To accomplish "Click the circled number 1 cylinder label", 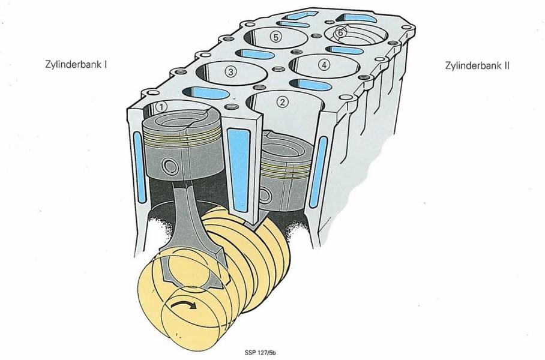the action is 162,107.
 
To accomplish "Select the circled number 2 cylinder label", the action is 282,102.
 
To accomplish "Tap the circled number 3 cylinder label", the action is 230,72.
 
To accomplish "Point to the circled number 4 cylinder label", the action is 324,65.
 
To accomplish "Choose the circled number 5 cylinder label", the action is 276,37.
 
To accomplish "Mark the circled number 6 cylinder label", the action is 341,32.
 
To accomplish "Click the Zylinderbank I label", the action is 76,65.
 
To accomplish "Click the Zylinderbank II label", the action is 477,65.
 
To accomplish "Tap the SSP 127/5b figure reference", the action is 260,353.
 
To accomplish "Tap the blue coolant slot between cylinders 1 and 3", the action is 206,92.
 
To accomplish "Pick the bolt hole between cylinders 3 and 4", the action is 277,69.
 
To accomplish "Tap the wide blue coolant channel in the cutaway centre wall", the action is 239,170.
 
